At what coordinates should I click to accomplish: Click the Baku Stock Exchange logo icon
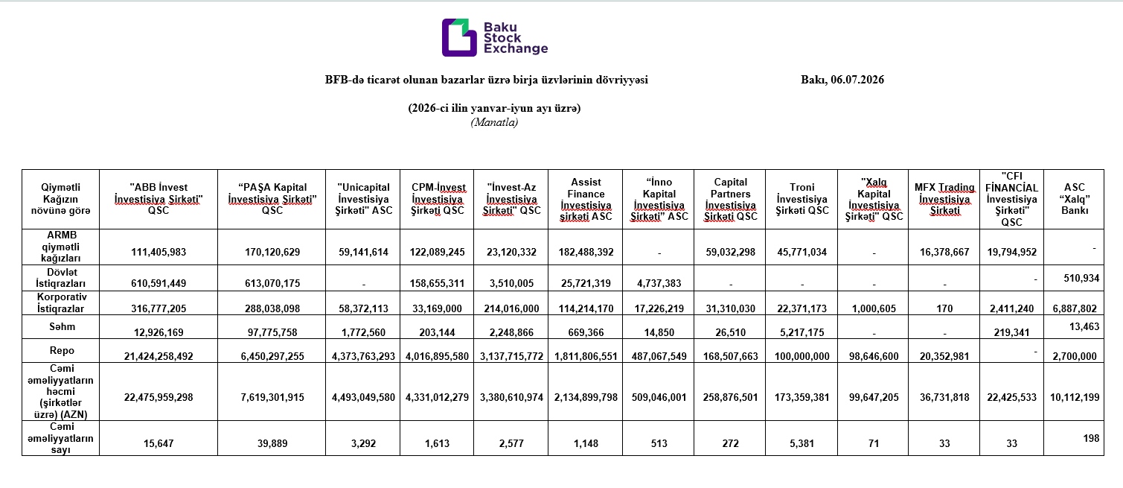coord(458,38)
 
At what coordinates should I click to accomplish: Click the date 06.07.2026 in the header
coord(857,80)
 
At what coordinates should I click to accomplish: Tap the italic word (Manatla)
coord(494,122)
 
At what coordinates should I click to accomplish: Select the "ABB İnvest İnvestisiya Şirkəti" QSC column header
coord(159,199)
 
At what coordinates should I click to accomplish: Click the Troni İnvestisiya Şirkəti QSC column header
coord(802,199)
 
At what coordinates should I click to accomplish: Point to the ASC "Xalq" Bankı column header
coord(1075,199)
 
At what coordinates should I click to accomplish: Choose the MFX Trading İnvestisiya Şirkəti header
coord(944,199)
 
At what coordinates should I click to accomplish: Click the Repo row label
coord(62,350)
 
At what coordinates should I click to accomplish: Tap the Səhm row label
coord(62,327)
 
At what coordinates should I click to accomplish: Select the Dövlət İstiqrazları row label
coord(61,278)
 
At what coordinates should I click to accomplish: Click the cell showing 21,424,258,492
coord(159,356)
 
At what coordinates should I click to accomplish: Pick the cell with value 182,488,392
coord(586,252)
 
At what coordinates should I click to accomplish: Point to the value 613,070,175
coord(272,283)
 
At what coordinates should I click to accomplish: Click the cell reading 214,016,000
coord(511,308)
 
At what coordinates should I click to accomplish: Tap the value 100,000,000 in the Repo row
coord(802,356)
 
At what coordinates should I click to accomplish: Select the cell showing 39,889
coord(272,443)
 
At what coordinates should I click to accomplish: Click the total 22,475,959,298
coord(159,397)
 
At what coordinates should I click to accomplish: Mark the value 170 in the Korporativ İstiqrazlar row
coord(944,308)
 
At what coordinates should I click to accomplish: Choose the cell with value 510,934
coord(1081,278)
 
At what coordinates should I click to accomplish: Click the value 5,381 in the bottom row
coord(802,443)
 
